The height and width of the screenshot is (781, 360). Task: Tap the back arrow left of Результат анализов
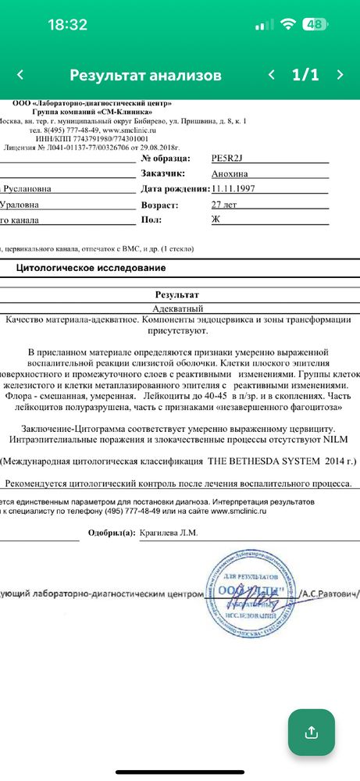point(20,75)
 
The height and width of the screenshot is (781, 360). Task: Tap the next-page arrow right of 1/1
point(340,75)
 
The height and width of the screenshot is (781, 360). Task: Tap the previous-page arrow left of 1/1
point(271,75)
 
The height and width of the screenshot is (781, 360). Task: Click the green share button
point(311,732)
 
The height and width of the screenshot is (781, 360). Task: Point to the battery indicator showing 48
point(315,24)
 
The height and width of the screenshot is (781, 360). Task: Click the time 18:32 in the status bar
point(67,24)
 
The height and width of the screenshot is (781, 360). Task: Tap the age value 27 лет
point(224,205)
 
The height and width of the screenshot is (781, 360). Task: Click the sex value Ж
point(216,221)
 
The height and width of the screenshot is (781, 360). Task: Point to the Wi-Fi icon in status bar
point(288,24)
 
